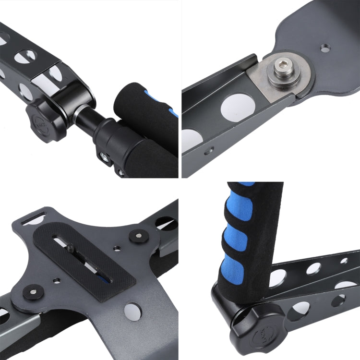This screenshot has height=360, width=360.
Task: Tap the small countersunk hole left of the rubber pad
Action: (x=58, y=279)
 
